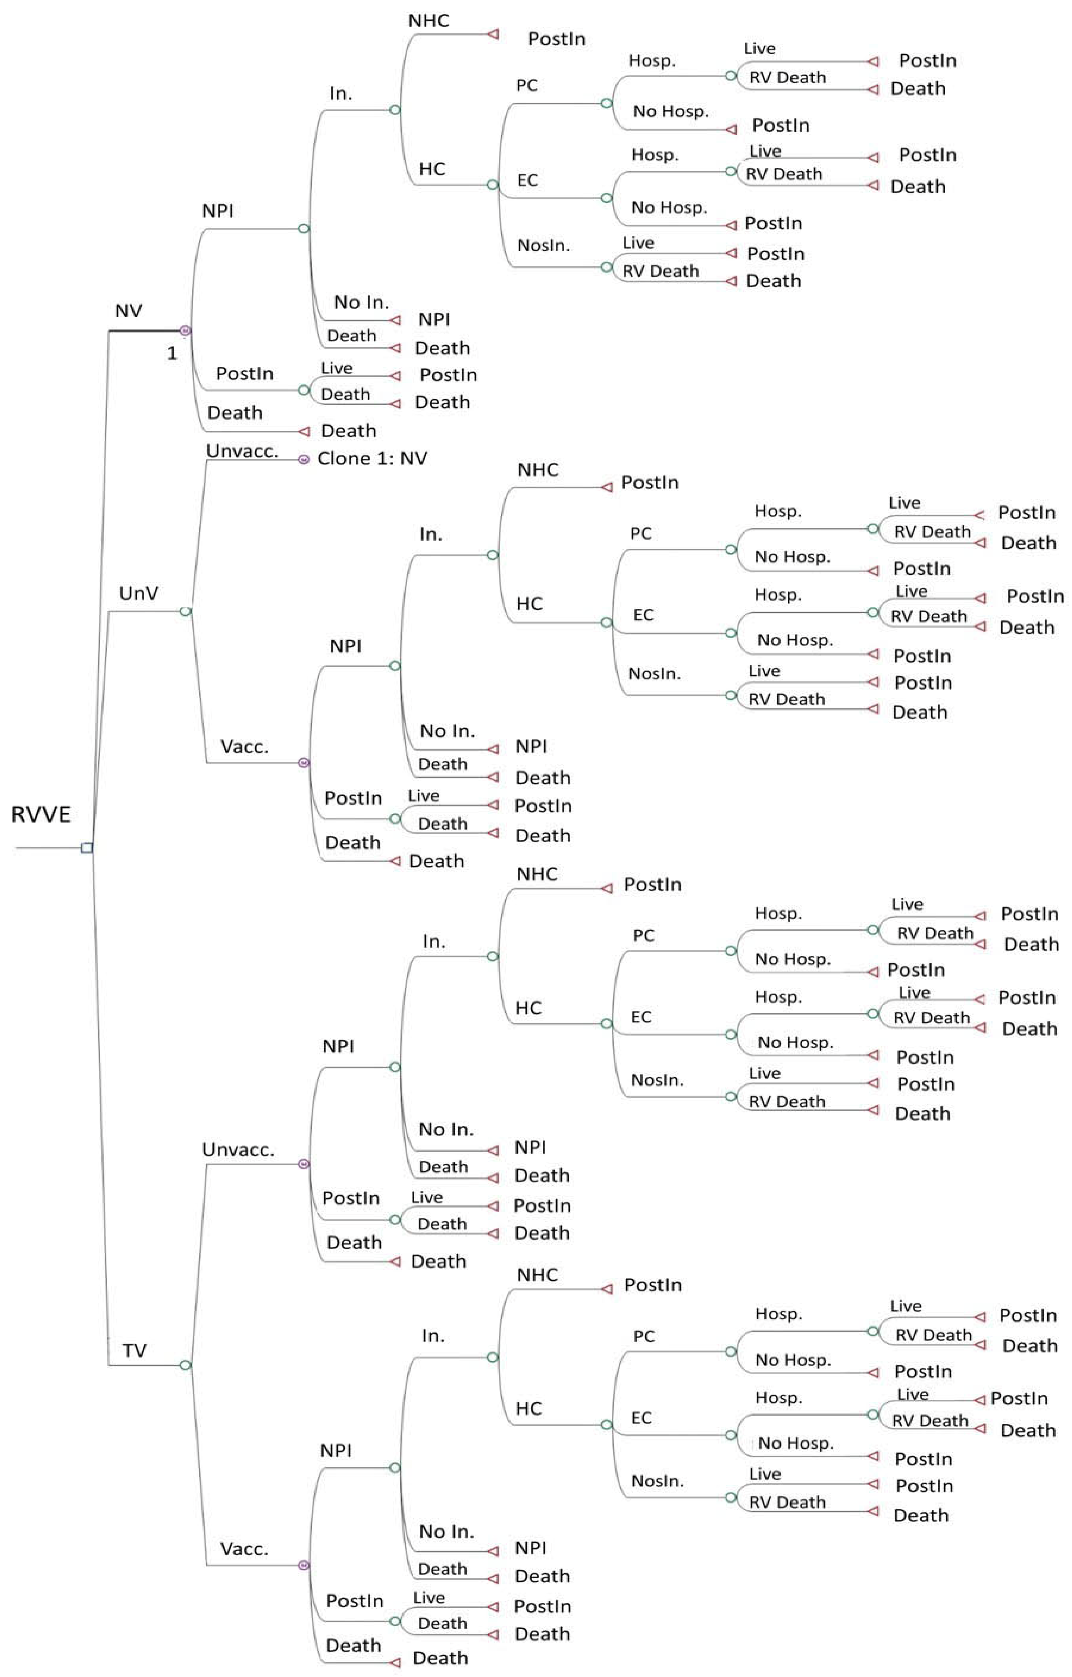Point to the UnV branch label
click(x=139, y=593)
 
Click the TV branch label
click(x=135, y=1350)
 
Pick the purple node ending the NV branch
click(x=185, y=331)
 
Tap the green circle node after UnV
click(x=185, y=611)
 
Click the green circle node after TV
click(x=185, y=1365)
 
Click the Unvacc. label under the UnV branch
click(x=242, y=451)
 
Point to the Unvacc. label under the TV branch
click(x=238, y=1150)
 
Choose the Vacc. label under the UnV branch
click(x=244, y=747)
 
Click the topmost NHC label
click(x=428, y=21)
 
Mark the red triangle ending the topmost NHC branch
click(x=493, y=33)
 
